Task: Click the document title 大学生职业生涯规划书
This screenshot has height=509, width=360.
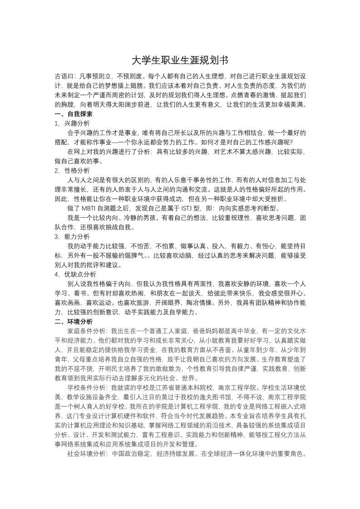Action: pyautogui.click(x=180, y=60)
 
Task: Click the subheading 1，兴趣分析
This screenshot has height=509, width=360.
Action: pyautogui.click(x=72, y=123)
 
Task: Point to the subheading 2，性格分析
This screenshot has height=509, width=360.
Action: pyautogui.click(x=72, y=171)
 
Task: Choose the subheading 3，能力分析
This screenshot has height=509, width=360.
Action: pyautogui.click(x=72, y=237)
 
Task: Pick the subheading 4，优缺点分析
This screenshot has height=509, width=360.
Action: pyautogui.click(x=75, y=274)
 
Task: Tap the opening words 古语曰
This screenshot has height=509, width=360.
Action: pyautogui.click(x=63, y=76)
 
